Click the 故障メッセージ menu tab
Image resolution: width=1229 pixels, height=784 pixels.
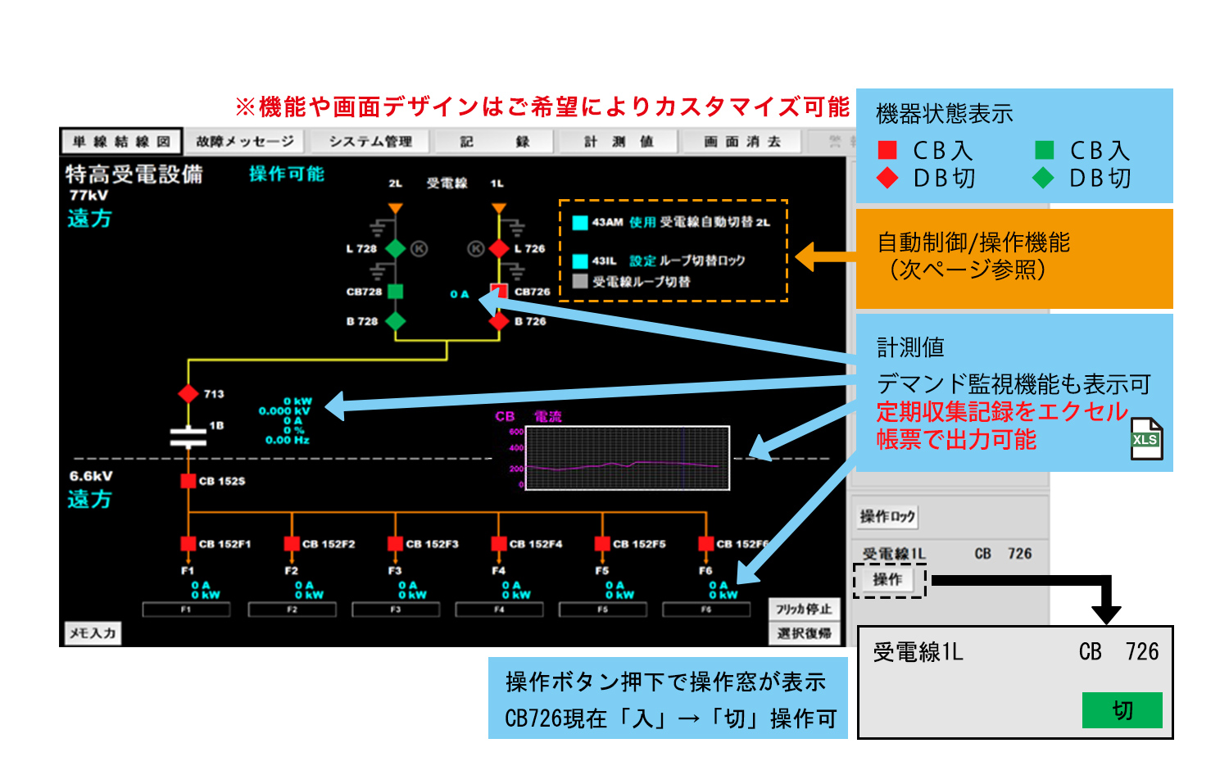click(244, 142)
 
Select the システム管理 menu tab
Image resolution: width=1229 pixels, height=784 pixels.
click(370, 142)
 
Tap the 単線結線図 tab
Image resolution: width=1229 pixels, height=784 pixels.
click(121, 142)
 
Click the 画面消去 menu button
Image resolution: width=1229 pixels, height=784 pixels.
click(742, 142)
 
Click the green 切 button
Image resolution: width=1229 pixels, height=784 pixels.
click(1122, 710)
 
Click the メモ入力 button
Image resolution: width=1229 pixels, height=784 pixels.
click(93, 632)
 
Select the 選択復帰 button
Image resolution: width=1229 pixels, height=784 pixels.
click(804, 633)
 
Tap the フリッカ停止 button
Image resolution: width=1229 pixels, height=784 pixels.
click(804, 609)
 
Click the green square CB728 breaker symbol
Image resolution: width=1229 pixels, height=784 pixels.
click(396, 291)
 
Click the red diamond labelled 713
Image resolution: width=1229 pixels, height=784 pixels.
click(188, 393)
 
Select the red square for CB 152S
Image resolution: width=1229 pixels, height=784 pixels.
click(188, 481)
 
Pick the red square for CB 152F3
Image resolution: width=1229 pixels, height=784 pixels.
click(396, 544)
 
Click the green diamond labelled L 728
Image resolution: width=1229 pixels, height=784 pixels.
click(396, 248)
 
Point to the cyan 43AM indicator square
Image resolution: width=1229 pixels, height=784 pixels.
click(580, 222)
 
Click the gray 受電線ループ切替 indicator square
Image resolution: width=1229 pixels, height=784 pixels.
click(580, 281)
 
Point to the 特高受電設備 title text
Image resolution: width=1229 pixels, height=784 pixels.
click(134, 174)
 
